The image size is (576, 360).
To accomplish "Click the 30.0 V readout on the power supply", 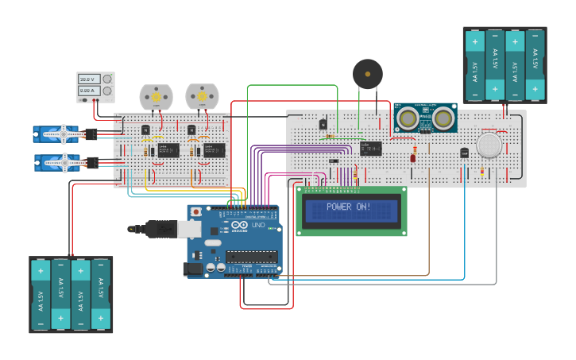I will tap(87, 79).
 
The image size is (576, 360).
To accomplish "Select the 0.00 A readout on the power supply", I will tap(87, 91).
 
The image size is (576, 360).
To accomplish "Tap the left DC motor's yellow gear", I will tap(156, 96).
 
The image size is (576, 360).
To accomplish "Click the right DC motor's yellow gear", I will tap(201, 96).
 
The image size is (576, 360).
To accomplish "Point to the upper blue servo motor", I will tap(57, 134).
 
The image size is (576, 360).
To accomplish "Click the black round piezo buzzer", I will tap(367, 74).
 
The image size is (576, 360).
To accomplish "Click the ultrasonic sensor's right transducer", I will tap(443, 118).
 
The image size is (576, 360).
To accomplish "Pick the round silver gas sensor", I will tap(489, 144).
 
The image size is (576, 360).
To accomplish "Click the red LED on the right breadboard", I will tap(413, 157).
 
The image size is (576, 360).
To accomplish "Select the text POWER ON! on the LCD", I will tap(350, 207).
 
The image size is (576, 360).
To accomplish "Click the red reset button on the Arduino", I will tap(196, 213).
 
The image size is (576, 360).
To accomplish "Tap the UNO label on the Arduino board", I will tap(257, 226).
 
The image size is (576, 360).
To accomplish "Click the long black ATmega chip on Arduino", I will tap(251, 256).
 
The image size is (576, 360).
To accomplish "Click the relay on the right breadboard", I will tap(370, 148).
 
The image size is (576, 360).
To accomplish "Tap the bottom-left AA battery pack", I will tap(71, 294).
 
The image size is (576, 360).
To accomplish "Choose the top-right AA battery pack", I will tap(504, 65).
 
